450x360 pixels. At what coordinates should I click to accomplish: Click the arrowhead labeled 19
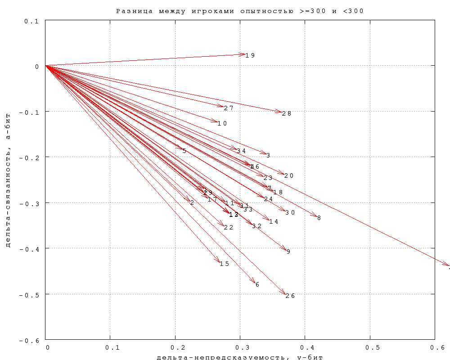tap(245, 54)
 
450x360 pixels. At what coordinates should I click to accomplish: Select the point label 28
tap(287, 113)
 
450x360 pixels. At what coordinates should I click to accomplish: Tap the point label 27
tap(229, 108)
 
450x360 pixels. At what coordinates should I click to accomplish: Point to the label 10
tap(222, 123)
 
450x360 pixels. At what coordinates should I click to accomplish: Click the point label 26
tap(290, 296)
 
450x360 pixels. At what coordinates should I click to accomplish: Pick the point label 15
tap(225, 264)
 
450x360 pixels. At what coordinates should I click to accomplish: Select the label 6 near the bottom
tap(257, 284)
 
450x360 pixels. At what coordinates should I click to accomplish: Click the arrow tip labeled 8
tap(316, 217)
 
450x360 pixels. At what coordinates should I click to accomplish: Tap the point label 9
tap(288, 252)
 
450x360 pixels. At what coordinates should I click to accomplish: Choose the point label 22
tap(229, 227)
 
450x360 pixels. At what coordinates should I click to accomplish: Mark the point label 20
tap(289, 175)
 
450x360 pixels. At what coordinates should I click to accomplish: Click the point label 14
tap(274, 221)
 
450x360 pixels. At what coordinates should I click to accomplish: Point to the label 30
tap(290, 212)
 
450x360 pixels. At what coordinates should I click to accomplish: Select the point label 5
tap(184, 151)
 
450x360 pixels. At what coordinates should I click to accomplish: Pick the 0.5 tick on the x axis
tap(370, 348)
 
